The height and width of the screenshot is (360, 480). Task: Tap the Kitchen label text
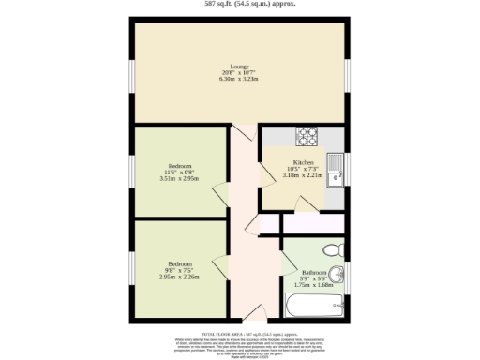tap(304, 162)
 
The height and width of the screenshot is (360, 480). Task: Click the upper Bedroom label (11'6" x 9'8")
tap(179, 166)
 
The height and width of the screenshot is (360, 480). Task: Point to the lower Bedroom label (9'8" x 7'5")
tap(179, 264)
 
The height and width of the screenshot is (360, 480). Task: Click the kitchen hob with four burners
tap(307, 137)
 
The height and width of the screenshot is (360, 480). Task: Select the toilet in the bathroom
tap(331, 250)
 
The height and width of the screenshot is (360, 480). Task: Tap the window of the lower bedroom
tap(130, 268)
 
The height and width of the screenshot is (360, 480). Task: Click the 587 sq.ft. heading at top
tap(240, 4)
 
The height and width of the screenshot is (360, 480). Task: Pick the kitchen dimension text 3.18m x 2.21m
tap(304, 175)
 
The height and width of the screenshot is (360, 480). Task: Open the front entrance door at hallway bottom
tap(255, 312)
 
